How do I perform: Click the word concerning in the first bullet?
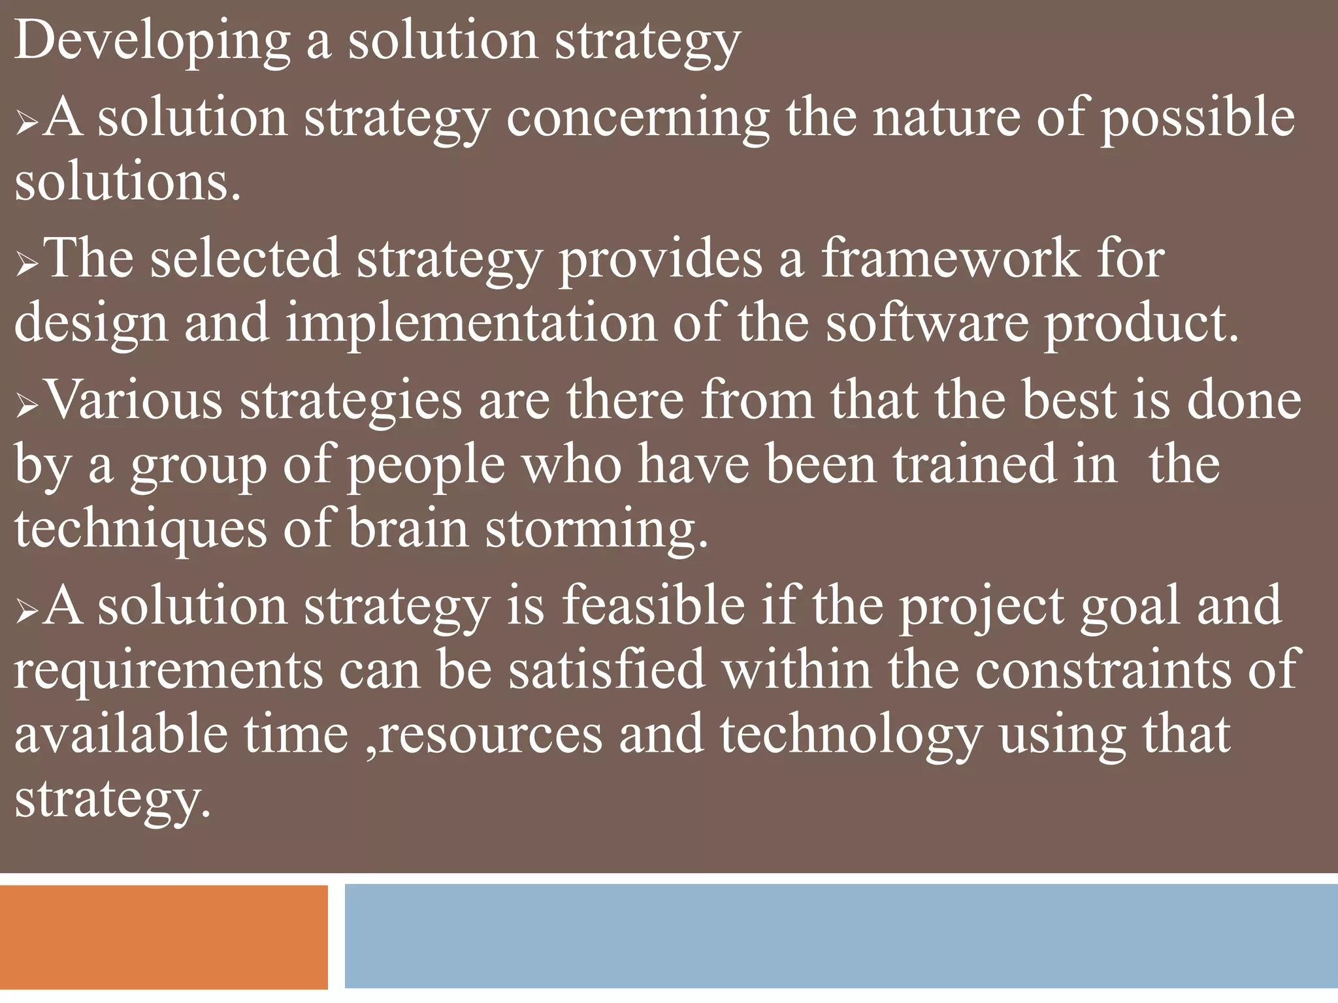(638, 118)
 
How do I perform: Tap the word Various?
(135, 400)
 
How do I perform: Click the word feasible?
(653, 605)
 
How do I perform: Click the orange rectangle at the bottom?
(163, 936)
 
